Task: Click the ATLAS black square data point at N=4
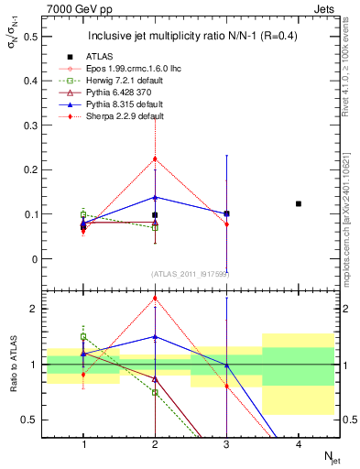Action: point(299,203)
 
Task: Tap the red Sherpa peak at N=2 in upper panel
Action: point(155,158)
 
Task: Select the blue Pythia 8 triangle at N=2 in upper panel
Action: point(155,197)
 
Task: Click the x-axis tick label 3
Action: point(226,444)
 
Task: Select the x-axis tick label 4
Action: point(299,444)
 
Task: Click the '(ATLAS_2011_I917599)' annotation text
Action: point(191,274)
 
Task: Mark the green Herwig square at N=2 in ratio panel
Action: point(155,392)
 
